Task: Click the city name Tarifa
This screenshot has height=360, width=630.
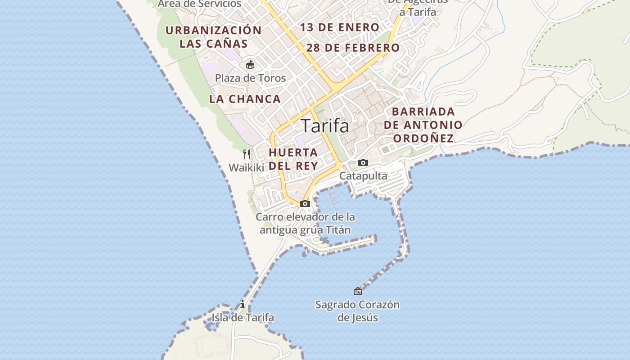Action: pos(324,126)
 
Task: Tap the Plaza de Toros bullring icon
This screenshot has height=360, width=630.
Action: pos(250,65)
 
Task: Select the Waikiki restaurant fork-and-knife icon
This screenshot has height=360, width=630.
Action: pos(247,154)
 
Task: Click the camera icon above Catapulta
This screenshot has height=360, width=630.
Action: pos(363,162)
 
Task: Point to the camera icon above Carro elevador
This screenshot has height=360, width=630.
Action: pos(305,203)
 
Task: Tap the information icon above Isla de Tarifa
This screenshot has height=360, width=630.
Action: pos(243,304)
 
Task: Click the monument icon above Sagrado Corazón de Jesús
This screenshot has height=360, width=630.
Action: pos(358,291)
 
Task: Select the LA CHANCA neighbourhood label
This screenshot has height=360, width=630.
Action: pos(245,99)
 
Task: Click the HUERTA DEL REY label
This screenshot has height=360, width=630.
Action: pos(293,159)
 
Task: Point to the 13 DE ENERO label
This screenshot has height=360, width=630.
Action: pos(340,27)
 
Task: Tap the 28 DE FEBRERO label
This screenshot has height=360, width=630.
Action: pos(353,48)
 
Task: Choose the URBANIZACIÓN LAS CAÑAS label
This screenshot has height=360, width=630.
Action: pos(214,37)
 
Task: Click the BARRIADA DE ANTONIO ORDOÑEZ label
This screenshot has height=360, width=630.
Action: pos(423,125)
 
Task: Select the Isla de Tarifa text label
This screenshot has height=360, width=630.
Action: pos(243,318)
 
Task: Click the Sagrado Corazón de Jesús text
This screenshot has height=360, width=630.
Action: pos(357,311)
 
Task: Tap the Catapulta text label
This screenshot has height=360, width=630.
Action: pos(363,176)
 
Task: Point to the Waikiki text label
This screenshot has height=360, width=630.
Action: pos(246,168)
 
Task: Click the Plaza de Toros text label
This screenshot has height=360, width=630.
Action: pos(250,78)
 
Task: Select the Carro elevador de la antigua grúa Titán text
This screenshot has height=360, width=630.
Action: pos(305,223)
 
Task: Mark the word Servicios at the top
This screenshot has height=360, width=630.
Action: pos(220,4)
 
